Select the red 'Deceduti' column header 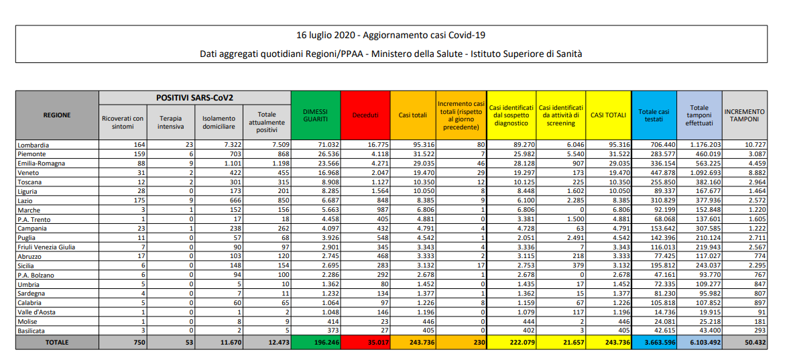click(x=365, y=115)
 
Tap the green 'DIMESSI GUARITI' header click(x=315, y=115)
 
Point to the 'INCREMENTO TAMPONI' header click(x=744, y=115)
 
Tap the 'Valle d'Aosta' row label click(x=37, y=312)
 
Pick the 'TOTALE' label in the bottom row click(x=56, y=343)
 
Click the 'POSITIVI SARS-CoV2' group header click(x=194, y=98)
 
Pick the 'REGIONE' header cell click(x=56, y=115)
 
